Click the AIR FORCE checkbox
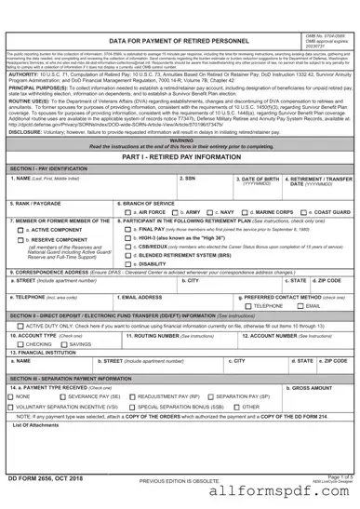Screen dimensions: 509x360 point(127,238)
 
